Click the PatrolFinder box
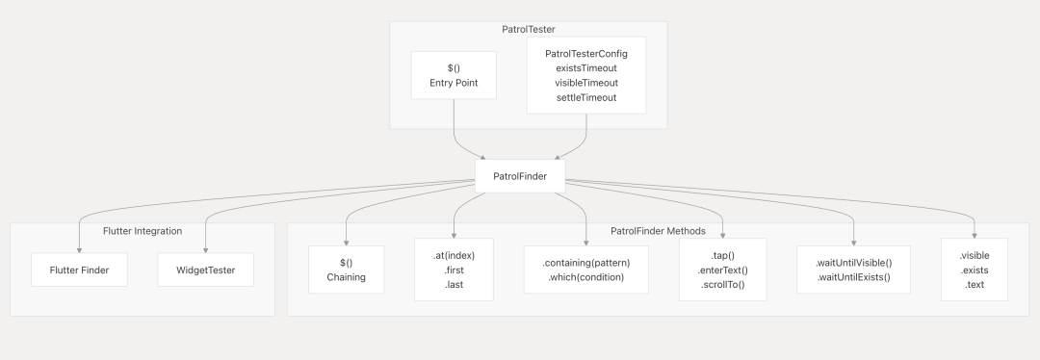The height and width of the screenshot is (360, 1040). [520, 176]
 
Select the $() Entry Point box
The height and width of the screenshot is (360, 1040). [454, 76]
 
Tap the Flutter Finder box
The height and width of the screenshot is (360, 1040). [79, 270]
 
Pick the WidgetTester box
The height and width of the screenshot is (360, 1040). [206, 270]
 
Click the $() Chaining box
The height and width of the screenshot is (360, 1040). [347, 270]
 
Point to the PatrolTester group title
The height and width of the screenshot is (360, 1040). [529, 29]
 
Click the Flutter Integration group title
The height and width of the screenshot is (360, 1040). [143, 231]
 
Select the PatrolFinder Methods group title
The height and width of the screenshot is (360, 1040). [658, 231]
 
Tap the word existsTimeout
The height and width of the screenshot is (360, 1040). [586, 68]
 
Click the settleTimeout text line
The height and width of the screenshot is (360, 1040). [586, 97]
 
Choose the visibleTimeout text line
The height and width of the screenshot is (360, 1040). [586, 83]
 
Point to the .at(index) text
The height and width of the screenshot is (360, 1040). [454, 255]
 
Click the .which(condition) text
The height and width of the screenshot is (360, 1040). [586, 277]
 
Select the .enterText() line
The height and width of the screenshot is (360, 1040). [723, 270]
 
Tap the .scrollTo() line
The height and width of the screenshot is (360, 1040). [723, 284]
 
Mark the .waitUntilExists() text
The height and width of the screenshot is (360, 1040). [853, 277]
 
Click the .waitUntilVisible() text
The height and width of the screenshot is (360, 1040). [853, 263]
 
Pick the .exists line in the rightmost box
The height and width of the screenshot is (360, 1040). [975, 270]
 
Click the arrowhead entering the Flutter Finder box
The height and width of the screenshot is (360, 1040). [79, 250]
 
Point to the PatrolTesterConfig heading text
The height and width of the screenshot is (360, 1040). [586, 54]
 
